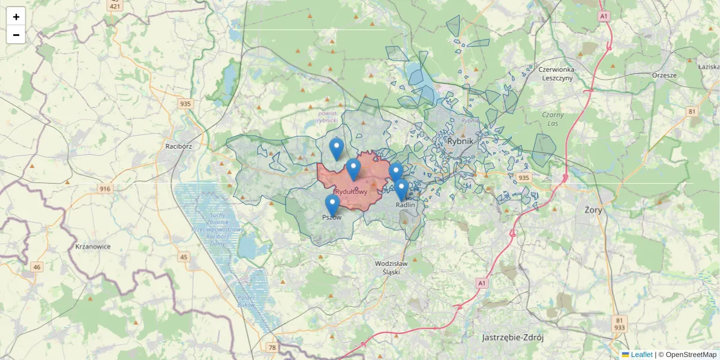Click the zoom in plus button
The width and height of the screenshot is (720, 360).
[x=16, y=17]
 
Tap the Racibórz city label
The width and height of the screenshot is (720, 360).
[x=178, y=146]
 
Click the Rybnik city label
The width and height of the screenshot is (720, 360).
[x=460, y=141]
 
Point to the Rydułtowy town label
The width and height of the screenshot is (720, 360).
[x=351, y=191]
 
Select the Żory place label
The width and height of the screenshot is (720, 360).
[x=593, y=210]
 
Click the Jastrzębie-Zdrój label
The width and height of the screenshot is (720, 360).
[x=512, y=337]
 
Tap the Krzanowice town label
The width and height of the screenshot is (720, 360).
[x=93, y=246]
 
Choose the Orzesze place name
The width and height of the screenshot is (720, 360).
[x=664, y=76]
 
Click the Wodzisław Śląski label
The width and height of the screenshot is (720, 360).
[x=391, y=267]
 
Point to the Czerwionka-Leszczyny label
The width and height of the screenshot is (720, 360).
[x=557, y=73]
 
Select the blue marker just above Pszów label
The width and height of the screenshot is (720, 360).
[x=332, y=205]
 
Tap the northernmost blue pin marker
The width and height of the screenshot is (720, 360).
[x=337, y=148]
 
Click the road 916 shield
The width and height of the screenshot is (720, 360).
[x=106, y=189]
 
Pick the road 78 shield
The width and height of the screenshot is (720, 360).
[x=272, y=347]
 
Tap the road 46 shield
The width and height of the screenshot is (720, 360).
[x=37, y=267]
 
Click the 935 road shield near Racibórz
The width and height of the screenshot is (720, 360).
[x=185, y=104]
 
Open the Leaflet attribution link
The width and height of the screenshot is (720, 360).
[x=641, y=355]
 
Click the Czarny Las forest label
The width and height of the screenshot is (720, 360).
[x=553, y=119]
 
